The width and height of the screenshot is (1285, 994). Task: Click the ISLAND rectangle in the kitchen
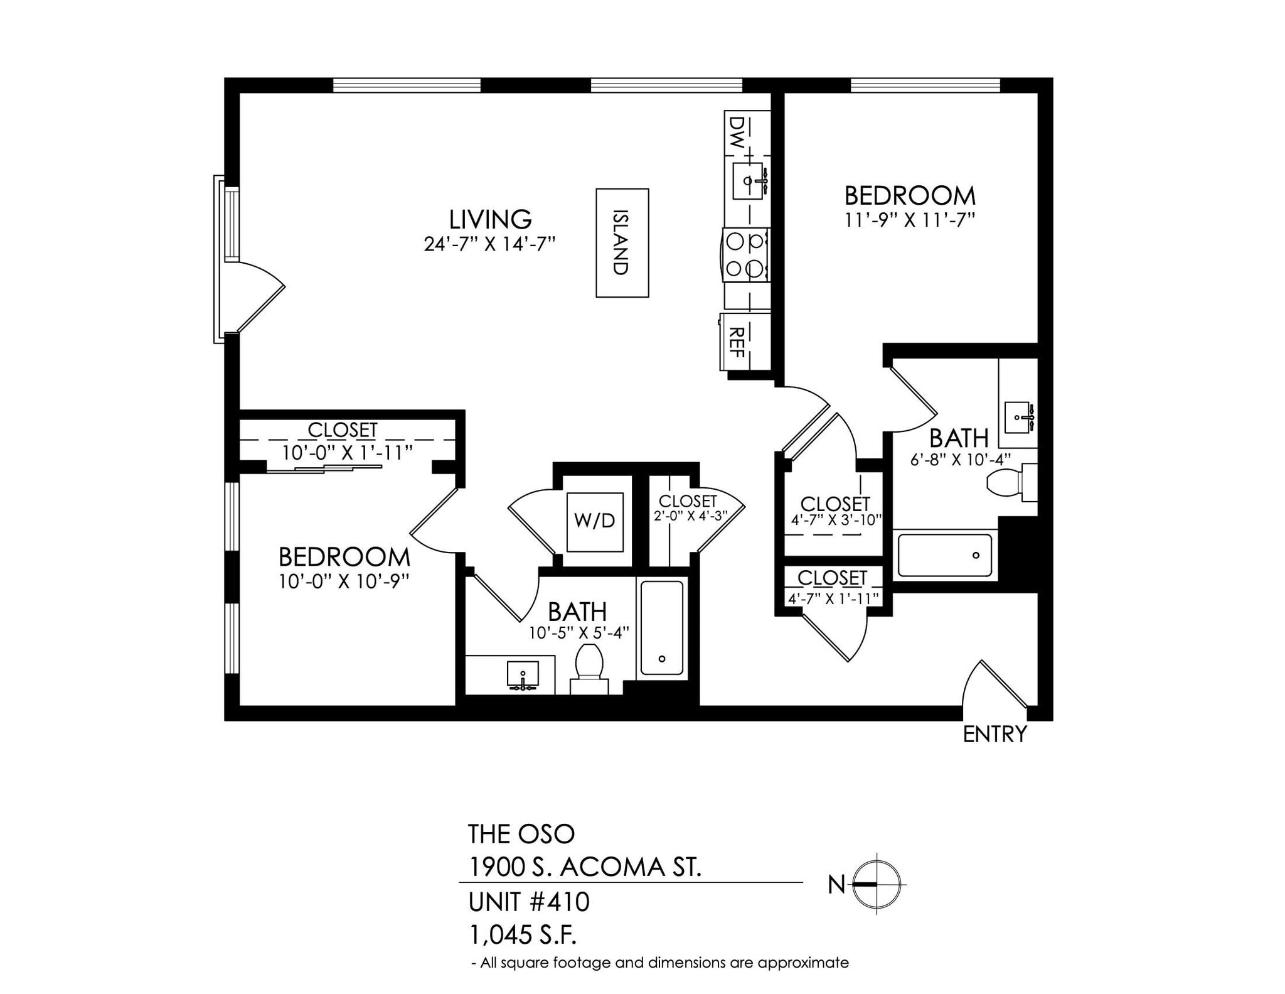click(622, 242)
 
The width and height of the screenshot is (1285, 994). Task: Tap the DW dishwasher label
click(738, 132)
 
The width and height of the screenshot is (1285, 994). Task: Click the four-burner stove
click(746, 255)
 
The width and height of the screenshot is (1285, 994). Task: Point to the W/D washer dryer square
click(595, 522)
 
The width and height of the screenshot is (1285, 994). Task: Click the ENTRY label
click(994, 733)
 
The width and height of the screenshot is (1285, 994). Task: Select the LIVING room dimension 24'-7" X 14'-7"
click(490, 244)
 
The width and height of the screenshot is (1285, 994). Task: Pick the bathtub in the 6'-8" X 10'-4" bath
click(944, 555)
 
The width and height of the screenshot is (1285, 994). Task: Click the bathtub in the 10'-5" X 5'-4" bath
click(661, 628)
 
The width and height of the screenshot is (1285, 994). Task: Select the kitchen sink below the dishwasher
click(748, 181)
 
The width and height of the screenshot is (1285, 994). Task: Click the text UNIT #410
click(529, 902)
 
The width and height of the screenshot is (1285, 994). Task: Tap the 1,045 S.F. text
click(523, 936)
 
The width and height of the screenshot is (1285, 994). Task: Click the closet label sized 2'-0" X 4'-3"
click(688, 501)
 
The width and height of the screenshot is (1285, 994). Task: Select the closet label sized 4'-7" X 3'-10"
click(835, 504)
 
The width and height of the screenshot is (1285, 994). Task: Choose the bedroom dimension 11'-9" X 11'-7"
click(909, 220)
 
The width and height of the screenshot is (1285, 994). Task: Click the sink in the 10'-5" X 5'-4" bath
click(523, 674)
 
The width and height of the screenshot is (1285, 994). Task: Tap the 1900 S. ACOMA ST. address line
click(585, 868)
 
